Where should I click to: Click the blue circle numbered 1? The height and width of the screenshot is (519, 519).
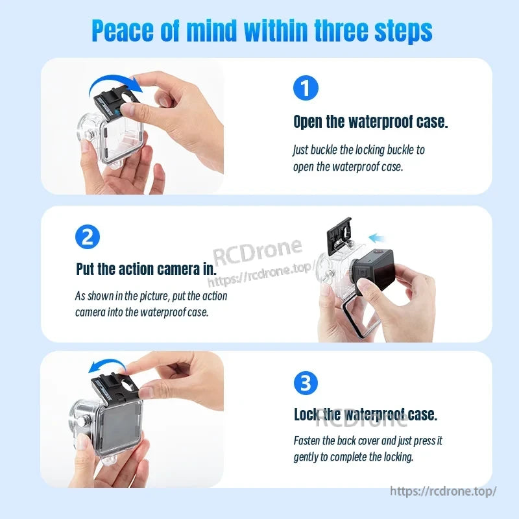pos(306,88)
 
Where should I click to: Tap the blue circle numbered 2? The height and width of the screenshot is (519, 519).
pos(88,236)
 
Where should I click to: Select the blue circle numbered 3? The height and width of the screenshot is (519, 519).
pos(306,383)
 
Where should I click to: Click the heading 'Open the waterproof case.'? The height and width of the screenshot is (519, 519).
pos(370,121)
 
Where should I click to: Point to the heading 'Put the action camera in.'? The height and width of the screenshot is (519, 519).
pos(145,268)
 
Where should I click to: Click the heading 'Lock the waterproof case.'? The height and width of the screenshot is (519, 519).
pos(365,415)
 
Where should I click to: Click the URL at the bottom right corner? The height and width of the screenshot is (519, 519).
pos(443,491)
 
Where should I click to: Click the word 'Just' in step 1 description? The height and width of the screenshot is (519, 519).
pos(301,150)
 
